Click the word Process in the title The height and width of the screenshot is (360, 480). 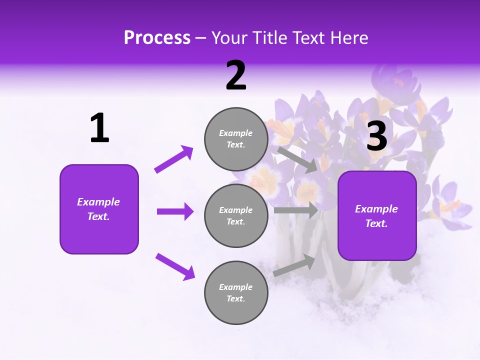pyautogui.click(x=157, y=38)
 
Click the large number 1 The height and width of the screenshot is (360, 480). pyautogui.click(x=99, y=128)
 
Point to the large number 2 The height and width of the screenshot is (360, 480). pyautogui.click(x=236, y=75)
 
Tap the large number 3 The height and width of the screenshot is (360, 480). pyautogui.click(x=376, y=136)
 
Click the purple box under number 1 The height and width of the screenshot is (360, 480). pyautogui.click(x=99, y=209)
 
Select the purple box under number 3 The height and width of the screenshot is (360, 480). pyautogui.click(x=377, y=215)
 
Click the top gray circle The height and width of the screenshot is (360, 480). pyautogui.click(x=236, y=139)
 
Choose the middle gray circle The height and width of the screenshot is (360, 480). pyautogui.click(x=236, y=215)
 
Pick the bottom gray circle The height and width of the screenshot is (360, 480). pyautogui.click(x=236, y=292)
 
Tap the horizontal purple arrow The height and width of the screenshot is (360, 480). pyautogui.click(x=175, y=211)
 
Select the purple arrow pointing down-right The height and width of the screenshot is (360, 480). pyautogui.click(x=175, y=266)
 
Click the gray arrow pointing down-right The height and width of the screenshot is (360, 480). pyautogui.click(x=297, y=159)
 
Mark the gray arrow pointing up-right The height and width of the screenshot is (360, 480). pyautogui.click(x=294, y=265)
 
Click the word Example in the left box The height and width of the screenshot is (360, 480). pyautogui.click(x=98, y=202)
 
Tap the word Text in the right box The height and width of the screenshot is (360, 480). pyautogui.click(x=375, y=223)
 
